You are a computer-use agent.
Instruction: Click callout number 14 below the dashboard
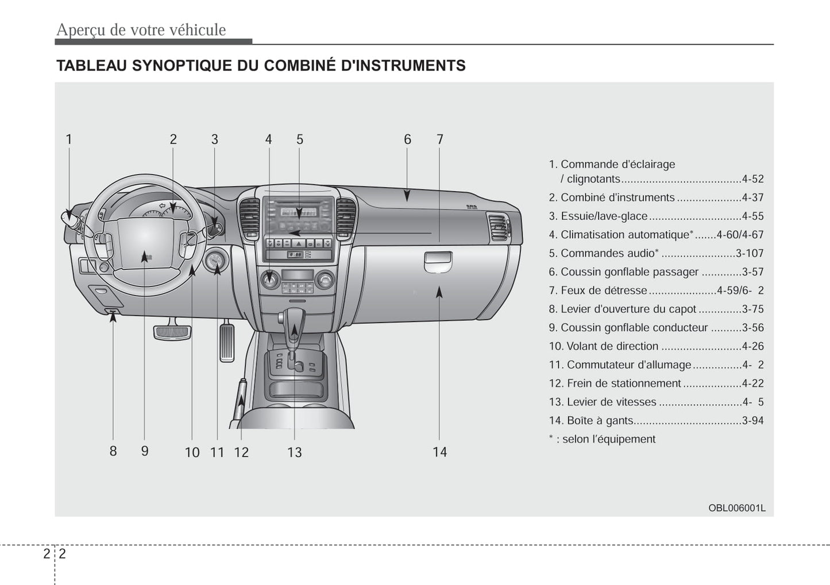tap(439, 452)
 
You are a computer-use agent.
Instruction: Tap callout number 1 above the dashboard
tap(69, 140)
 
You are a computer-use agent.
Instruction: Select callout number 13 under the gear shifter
tap(294, 452)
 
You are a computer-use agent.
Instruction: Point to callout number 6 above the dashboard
tap(407, 140)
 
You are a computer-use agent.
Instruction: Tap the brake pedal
tap(172, 331)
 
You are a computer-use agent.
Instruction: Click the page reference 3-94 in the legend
tap(752, 421)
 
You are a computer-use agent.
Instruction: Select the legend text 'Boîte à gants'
tap(600, 421)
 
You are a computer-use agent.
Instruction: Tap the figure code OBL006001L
tap(736, 508)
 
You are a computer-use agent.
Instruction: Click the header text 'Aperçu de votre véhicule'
tap(141, 30)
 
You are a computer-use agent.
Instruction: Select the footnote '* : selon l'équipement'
tap(602, 439)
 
